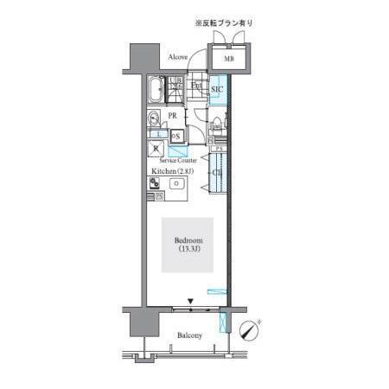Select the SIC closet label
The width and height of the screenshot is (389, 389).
coord(217,89)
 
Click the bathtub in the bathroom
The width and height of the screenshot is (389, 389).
coord(156,89)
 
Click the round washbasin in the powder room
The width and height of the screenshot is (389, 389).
coord(154,118)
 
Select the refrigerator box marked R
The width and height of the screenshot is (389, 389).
coord(156,149)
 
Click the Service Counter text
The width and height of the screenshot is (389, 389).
coord(177,160)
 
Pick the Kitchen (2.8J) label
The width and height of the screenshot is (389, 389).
coord(173,171)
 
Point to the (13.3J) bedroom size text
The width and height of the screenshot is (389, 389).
coord(188,250)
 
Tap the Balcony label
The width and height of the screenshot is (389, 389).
coord(189,335)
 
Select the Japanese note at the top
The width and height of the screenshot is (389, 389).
coord(224,22)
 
